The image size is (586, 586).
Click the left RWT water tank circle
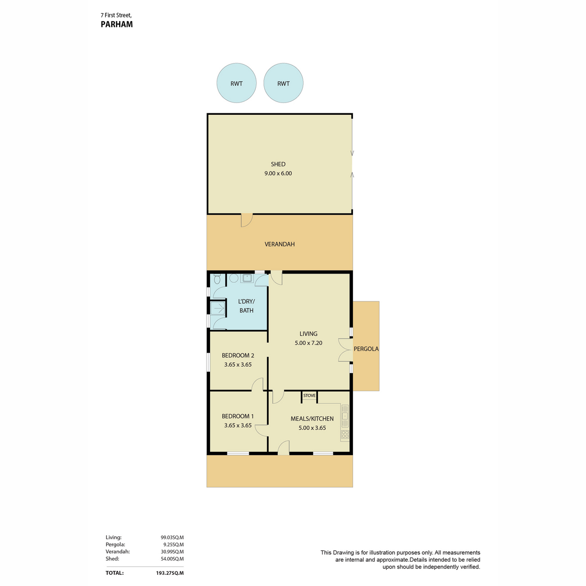(x=236, y=83)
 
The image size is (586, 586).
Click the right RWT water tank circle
(x=283, y=83)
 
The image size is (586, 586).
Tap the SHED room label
(x=278, y=164)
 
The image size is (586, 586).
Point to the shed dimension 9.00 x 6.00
(x=278, y=173)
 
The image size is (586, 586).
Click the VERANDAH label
(x=279, y=244)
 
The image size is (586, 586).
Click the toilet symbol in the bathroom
(x=217, y=278)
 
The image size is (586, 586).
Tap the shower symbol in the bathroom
(x=218, y=308)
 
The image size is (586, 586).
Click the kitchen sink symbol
(x=345, y=416)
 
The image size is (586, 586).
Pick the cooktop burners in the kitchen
(x=345, y=434)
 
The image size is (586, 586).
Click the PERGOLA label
(x=366, y=349)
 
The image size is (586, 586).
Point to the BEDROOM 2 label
(x=238, y=355)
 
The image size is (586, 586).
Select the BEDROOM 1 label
(x=237, y=416)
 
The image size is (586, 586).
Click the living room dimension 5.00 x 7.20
(x=308, y=343)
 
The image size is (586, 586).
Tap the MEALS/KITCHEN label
(x=312, y=419)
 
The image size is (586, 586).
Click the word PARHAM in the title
(x=117, y=24)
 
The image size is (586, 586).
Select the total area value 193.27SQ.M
(x=169, y=573)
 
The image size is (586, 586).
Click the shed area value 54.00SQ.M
(x=172, y=559)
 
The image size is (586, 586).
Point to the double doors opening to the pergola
(x=345, y=350)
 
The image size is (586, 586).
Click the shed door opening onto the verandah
(x=247, y=220)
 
